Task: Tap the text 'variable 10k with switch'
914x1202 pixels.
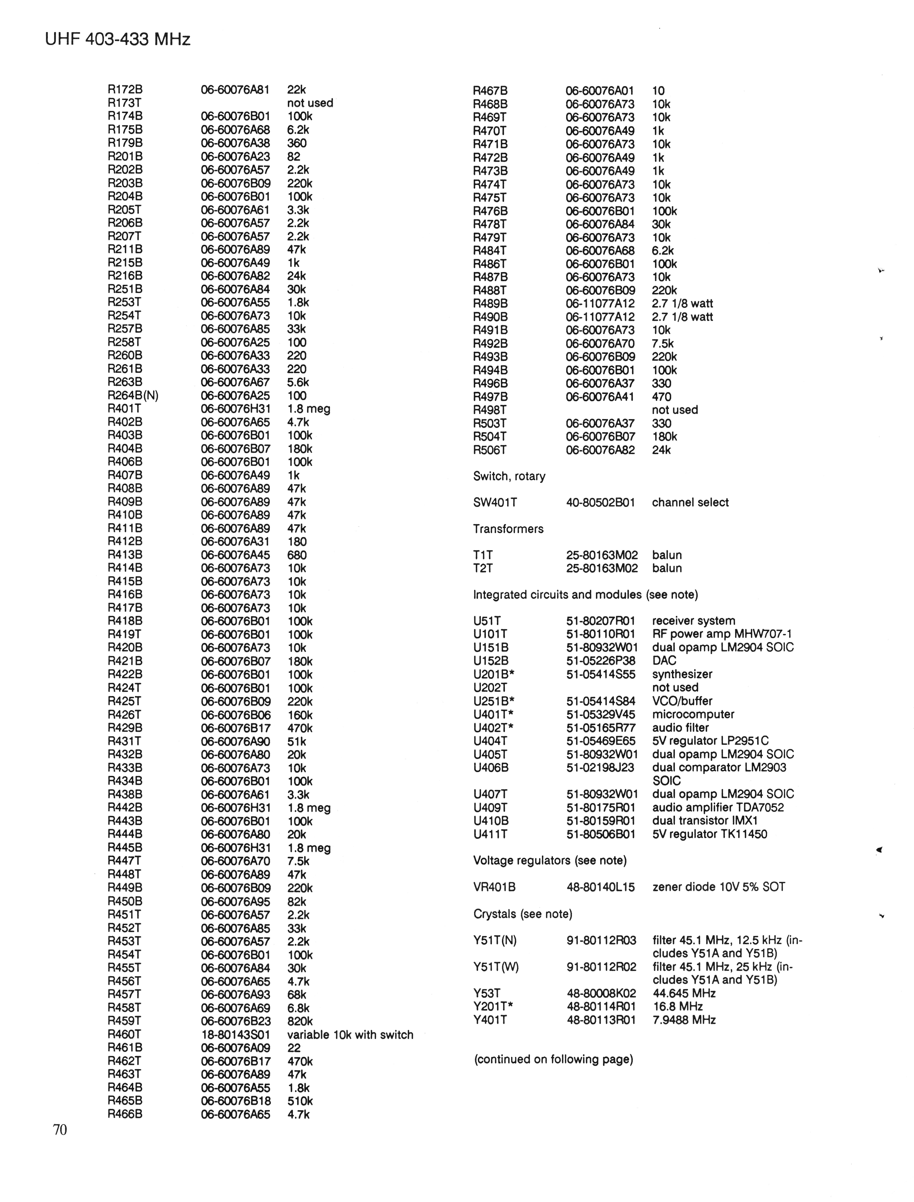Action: (x=350, y=1034)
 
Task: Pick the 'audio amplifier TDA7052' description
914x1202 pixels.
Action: (x=718, y=807)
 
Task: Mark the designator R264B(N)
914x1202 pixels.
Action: (x=133, y=396)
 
